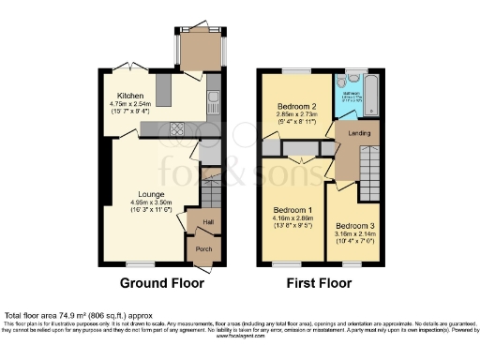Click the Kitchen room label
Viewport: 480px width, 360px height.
pyautogui.click(x=130, y=96)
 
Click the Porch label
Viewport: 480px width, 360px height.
pyautogui.click(x=202, y=249)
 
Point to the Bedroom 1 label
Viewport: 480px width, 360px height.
pyautogui.click(x=291, y=209)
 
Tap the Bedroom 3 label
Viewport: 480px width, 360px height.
pyautogui.click(x=355, y=226)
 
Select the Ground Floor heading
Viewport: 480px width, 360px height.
pyautogui.click(x=157, y=282)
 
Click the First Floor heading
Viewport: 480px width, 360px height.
pyautogui.click(x=319, y=282)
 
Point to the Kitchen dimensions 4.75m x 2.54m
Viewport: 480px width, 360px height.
pyautogui.click(x=130, y=112)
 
